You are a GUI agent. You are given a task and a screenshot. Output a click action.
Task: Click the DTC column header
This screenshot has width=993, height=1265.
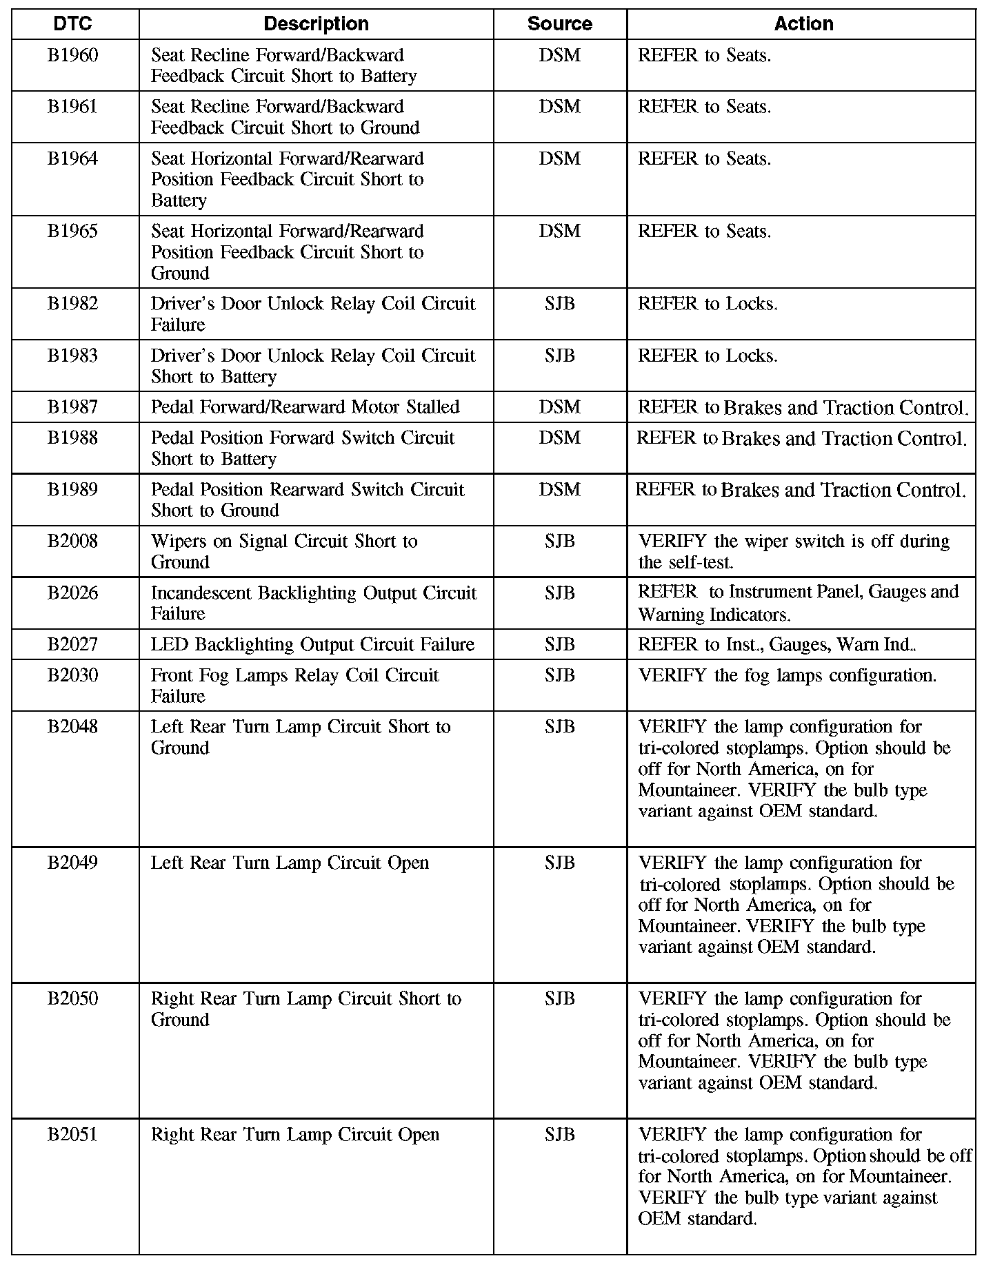click(72, 24)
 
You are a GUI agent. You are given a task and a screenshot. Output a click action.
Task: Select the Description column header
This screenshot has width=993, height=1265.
click(316, 24)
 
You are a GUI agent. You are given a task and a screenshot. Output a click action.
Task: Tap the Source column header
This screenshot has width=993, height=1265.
click(559, 24)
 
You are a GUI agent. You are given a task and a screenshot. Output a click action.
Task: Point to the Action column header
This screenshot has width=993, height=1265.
click(803, 24)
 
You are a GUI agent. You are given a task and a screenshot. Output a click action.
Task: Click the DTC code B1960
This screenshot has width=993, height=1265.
click(72, 55)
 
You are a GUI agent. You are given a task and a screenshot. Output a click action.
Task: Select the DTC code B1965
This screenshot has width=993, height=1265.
click(72, 232)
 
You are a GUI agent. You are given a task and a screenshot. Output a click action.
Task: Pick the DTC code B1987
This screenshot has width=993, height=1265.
click(72, 407)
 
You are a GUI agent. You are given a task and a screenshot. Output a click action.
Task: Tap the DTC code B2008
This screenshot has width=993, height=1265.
click(72, 542)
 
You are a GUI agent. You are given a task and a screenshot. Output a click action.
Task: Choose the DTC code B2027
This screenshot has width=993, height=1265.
click(72, 645)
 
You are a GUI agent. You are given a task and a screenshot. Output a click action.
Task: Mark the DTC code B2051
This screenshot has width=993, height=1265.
click(72, 1135)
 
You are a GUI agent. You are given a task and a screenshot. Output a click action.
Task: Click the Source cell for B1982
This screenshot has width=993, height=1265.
click(559, 304)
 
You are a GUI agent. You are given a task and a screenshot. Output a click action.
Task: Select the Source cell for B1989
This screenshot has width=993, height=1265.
click(559, 490)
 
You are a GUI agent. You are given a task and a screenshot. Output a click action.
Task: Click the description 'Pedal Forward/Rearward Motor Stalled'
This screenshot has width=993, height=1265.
click(305, 407)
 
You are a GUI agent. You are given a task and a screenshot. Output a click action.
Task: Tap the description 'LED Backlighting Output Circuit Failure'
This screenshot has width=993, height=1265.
click(312, 645)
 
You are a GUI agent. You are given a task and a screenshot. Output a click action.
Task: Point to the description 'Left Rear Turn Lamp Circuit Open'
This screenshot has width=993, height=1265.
click(290, 863)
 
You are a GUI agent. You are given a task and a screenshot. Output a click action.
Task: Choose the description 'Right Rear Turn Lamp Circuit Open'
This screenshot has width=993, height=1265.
click(294, 1135)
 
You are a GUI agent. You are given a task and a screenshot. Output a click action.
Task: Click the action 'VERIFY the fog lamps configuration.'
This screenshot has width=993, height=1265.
click(788, 675)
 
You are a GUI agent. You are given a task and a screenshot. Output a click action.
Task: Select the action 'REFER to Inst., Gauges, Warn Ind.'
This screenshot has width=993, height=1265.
click(776, 645)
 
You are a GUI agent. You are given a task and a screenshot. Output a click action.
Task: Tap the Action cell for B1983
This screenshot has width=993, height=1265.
click(708, 356)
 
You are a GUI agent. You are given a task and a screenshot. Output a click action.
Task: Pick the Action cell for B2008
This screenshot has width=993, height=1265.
click(794, 552)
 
